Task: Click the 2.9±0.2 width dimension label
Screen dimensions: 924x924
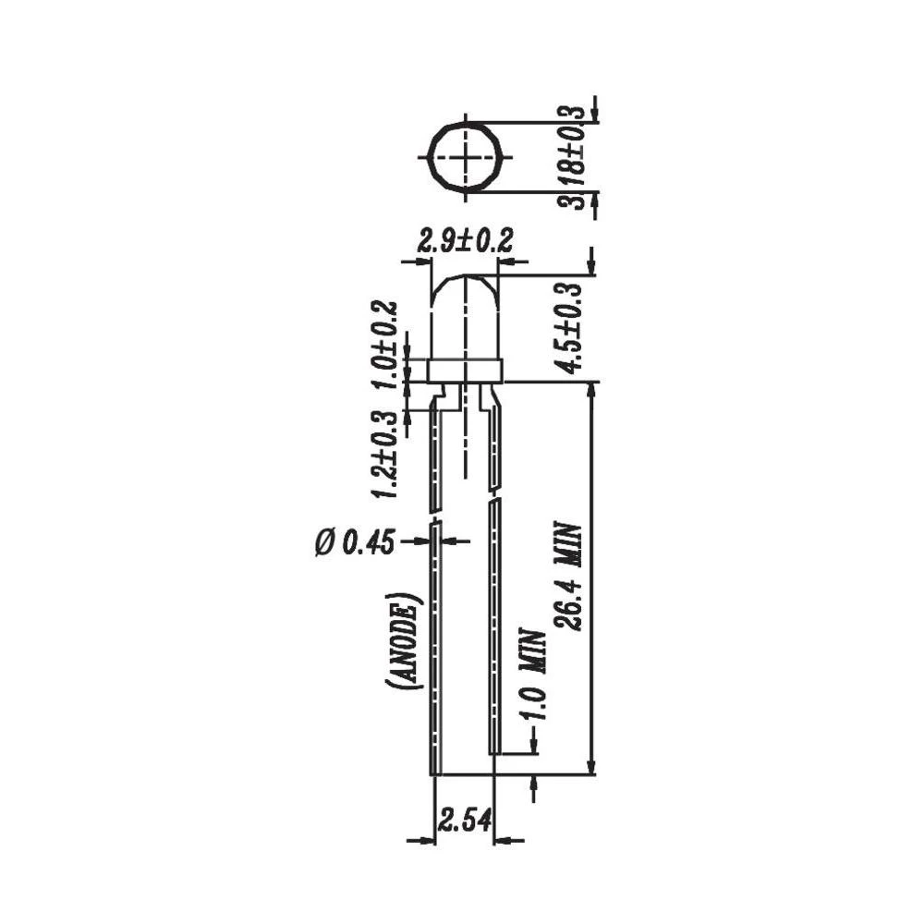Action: click(465, 242)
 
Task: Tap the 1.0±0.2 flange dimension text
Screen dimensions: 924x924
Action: click(386, 346)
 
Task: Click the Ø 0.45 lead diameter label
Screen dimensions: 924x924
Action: click(355, 543)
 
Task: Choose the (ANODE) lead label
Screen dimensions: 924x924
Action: click(407, 640)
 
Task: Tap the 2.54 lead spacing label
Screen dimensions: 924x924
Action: click(464, 819)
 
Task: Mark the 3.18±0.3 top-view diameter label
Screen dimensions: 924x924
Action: click(577, 157)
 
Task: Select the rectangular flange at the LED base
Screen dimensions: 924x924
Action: click(465, 371)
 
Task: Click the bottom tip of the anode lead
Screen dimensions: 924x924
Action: click(434, 771)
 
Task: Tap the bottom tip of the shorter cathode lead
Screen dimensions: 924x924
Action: click(495, 750)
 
